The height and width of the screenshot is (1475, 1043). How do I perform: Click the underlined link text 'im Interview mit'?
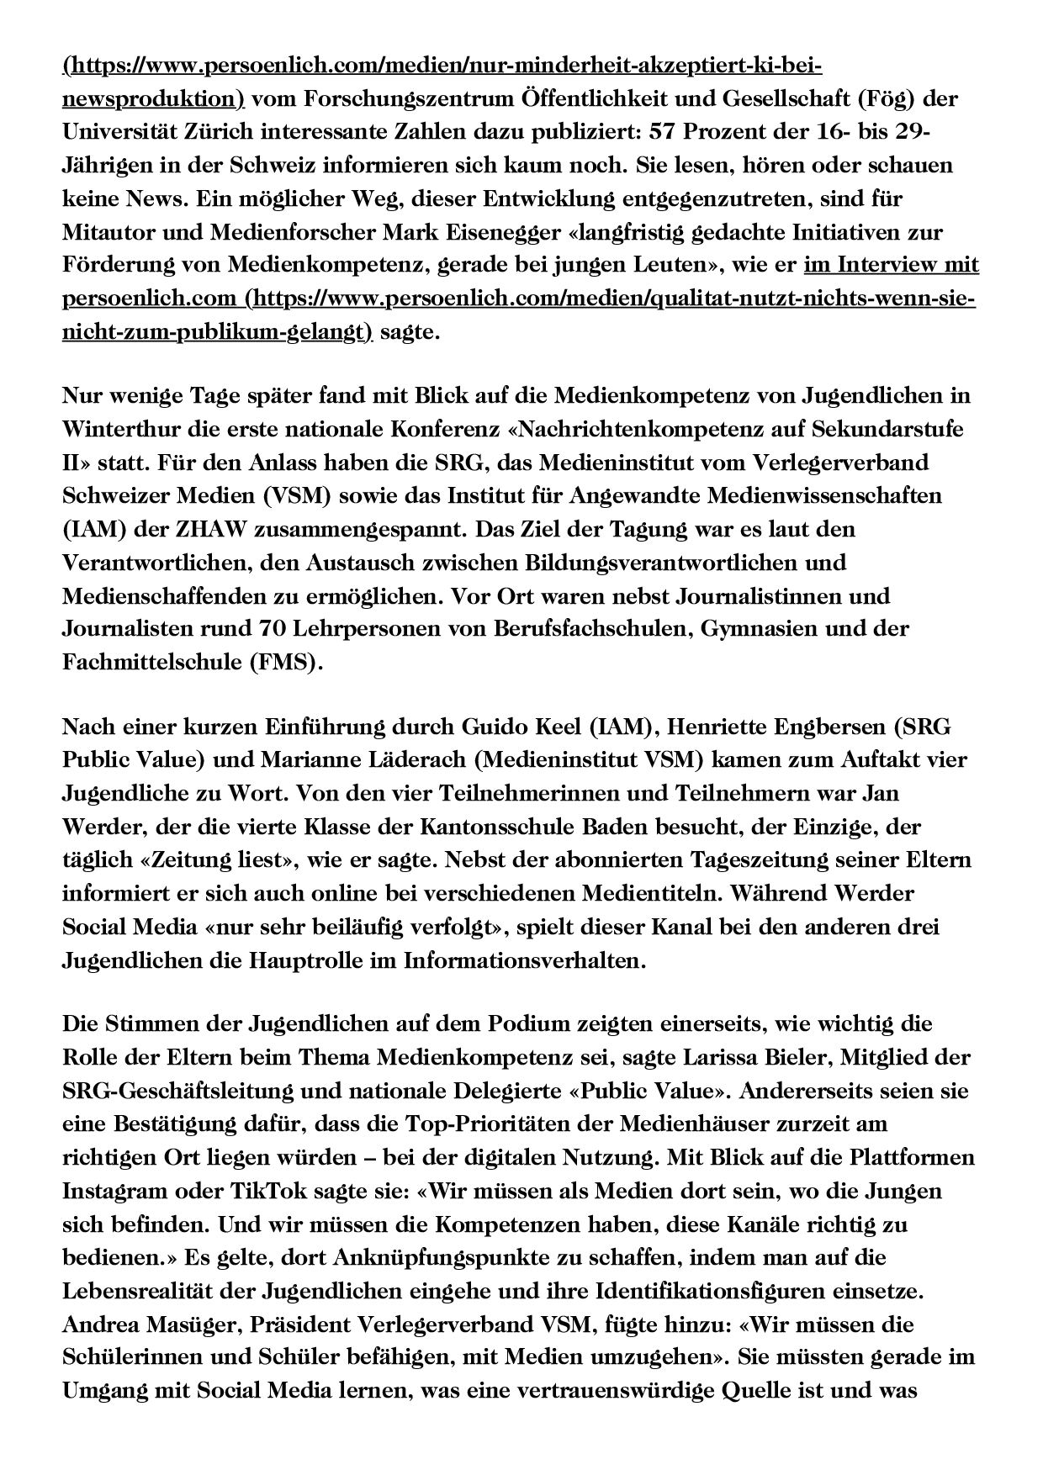(x=892, y=265)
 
